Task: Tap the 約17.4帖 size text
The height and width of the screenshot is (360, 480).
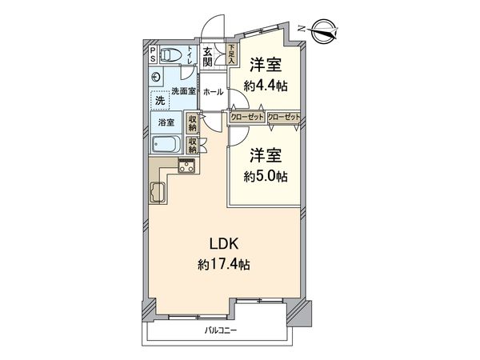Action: pyautogui.click(x=223, y=263)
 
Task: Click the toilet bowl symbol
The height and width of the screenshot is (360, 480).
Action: pyautogui.click(x=170, y=56)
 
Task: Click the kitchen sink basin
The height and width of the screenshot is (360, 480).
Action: pyautogui.click(x=157, y=193)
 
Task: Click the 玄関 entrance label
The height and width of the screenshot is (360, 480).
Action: pyautogui.click(x=207, y=58)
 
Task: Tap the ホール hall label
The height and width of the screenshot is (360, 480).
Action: pyautogui.click(x=213, y=92)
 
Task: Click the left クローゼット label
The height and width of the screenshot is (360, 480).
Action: pyautogui.click(x=246, y=117)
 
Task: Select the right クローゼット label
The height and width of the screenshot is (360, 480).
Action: pyautogui.click(x=284, y=117)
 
